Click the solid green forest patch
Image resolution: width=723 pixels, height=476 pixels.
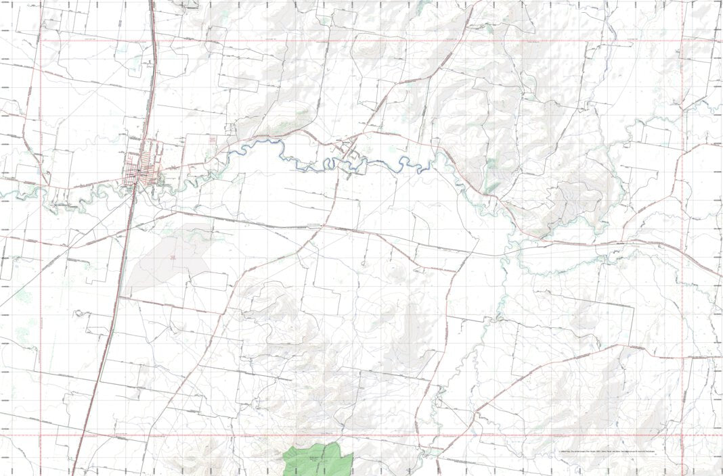pos(318,461)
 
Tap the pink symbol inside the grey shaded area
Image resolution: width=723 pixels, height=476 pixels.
pos(173,257)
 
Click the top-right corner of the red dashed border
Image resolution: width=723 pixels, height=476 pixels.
pos(682,41)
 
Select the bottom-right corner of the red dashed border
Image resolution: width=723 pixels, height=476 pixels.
pos(682,435)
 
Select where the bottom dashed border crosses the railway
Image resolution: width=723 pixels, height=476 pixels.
pos(83,435)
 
